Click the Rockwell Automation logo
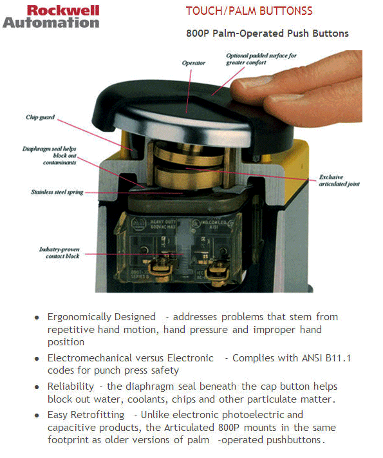51,16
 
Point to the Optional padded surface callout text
261,59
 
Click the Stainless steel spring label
57,192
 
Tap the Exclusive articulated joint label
339,180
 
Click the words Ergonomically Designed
102,317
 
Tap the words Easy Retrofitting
88,415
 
